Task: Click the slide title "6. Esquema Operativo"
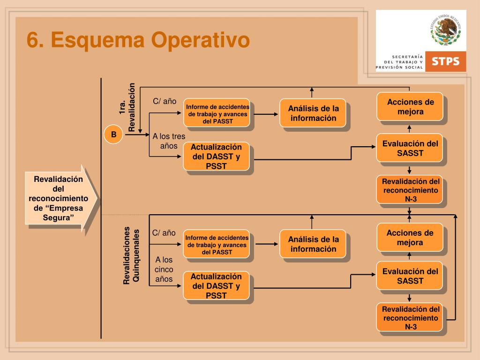(138, 40)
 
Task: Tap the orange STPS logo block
(445, 61)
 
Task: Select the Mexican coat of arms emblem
(445, 30)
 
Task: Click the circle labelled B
(113, 135)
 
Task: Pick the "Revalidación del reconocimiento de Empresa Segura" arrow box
(60, 198)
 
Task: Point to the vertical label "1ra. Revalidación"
(127, 107)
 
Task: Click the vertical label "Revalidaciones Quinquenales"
(131, 255)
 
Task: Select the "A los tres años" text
(169, 141)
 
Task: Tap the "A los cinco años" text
(164, 270)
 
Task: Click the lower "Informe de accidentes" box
(217, 245)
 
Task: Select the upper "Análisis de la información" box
(313, 113)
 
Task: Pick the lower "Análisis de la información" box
(313, 244)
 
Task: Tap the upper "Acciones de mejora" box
(410, 107)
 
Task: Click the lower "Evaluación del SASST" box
(410, 276)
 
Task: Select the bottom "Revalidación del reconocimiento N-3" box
(410, 317)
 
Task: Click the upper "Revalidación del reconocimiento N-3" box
(410, 190)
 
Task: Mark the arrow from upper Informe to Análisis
(267, 114)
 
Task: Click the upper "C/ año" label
(165, 101)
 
